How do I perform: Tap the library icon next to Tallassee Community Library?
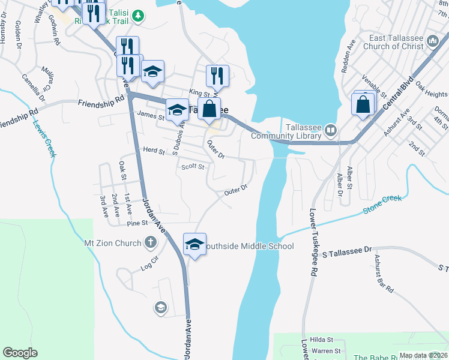(x=331, y=130)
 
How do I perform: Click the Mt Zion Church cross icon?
(x=151, y=243)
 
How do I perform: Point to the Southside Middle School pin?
(x=194, y=245)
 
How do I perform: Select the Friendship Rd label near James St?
(x=96, y=104)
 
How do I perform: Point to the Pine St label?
(x=137, y=223)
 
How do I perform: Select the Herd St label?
(x=153, y=151)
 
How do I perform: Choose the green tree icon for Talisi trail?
(x=138, y=15)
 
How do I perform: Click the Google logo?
(x=20, y=353)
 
